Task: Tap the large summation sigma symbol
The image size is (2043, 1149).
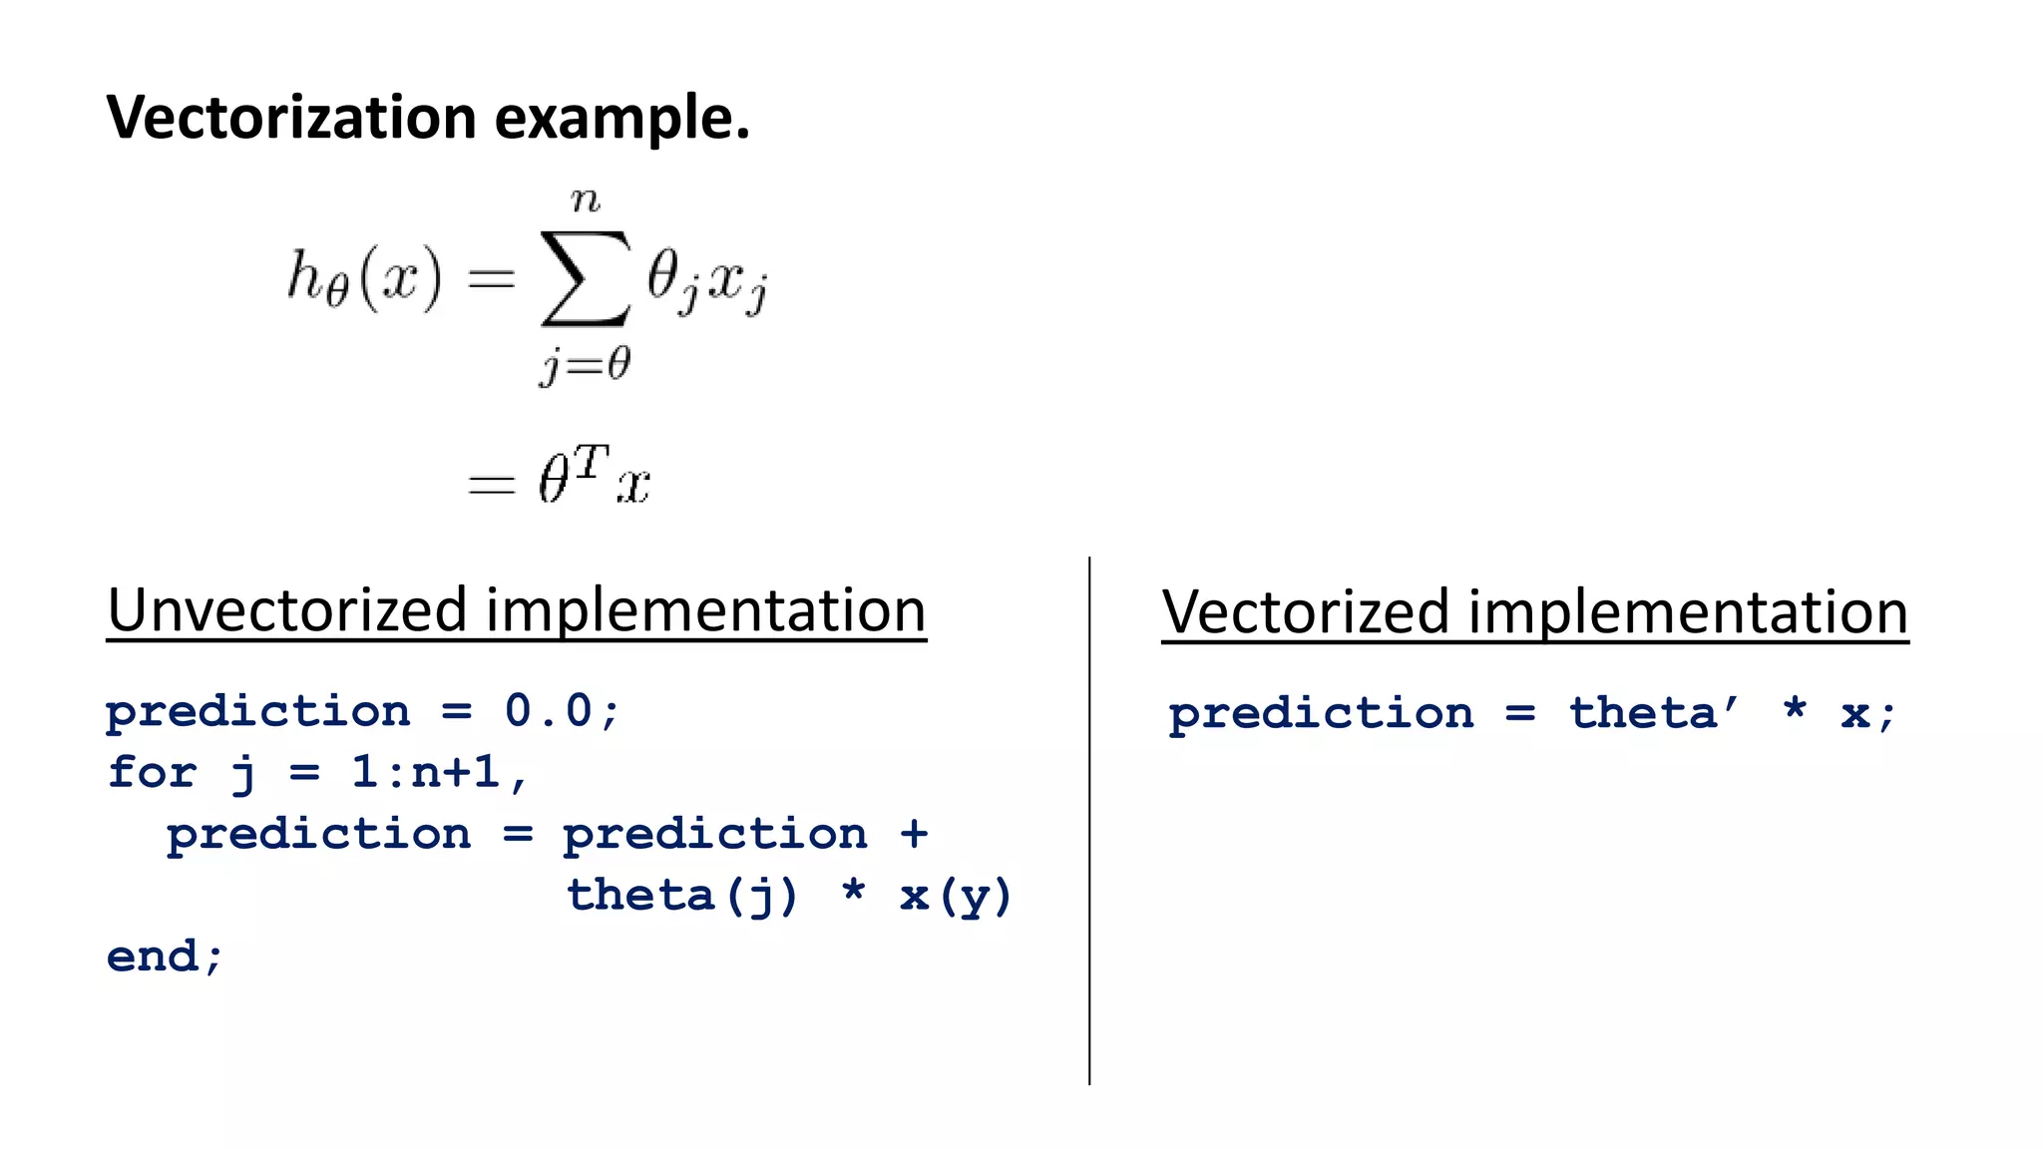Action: [x=586, y=278]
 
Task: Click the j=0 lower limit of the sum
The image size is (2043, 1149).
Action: [x=586, y=365]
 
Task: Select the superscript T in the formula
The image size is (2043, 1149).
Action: [x=591, y=462]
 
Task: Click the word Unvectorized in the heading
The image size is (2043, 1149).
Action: [x=287, y=610]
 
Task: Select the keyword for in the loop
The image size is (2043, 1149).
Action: [x=152, y=772]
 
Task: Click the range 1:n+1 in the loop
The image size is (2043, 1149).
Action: [x=426, y=772]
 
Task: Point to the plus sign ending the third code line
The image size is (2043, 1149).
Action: [x=914, y=833]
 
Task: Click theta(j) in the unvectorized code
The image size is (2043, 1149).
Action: [x=683, y=895]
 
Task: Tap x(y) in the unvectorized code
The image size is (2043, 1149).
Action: [x=956, y=895]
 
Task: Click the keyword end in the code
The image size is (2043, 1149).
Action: [x=153, y=956]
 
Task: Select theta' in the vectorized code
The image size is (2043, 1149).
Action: [x=1653, y=713]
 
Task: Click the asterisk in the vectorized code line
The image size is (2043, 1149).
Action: [x=1795, y=710]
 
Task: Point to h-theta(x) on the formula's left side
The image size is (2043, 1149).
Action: [x=364, y=278]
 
